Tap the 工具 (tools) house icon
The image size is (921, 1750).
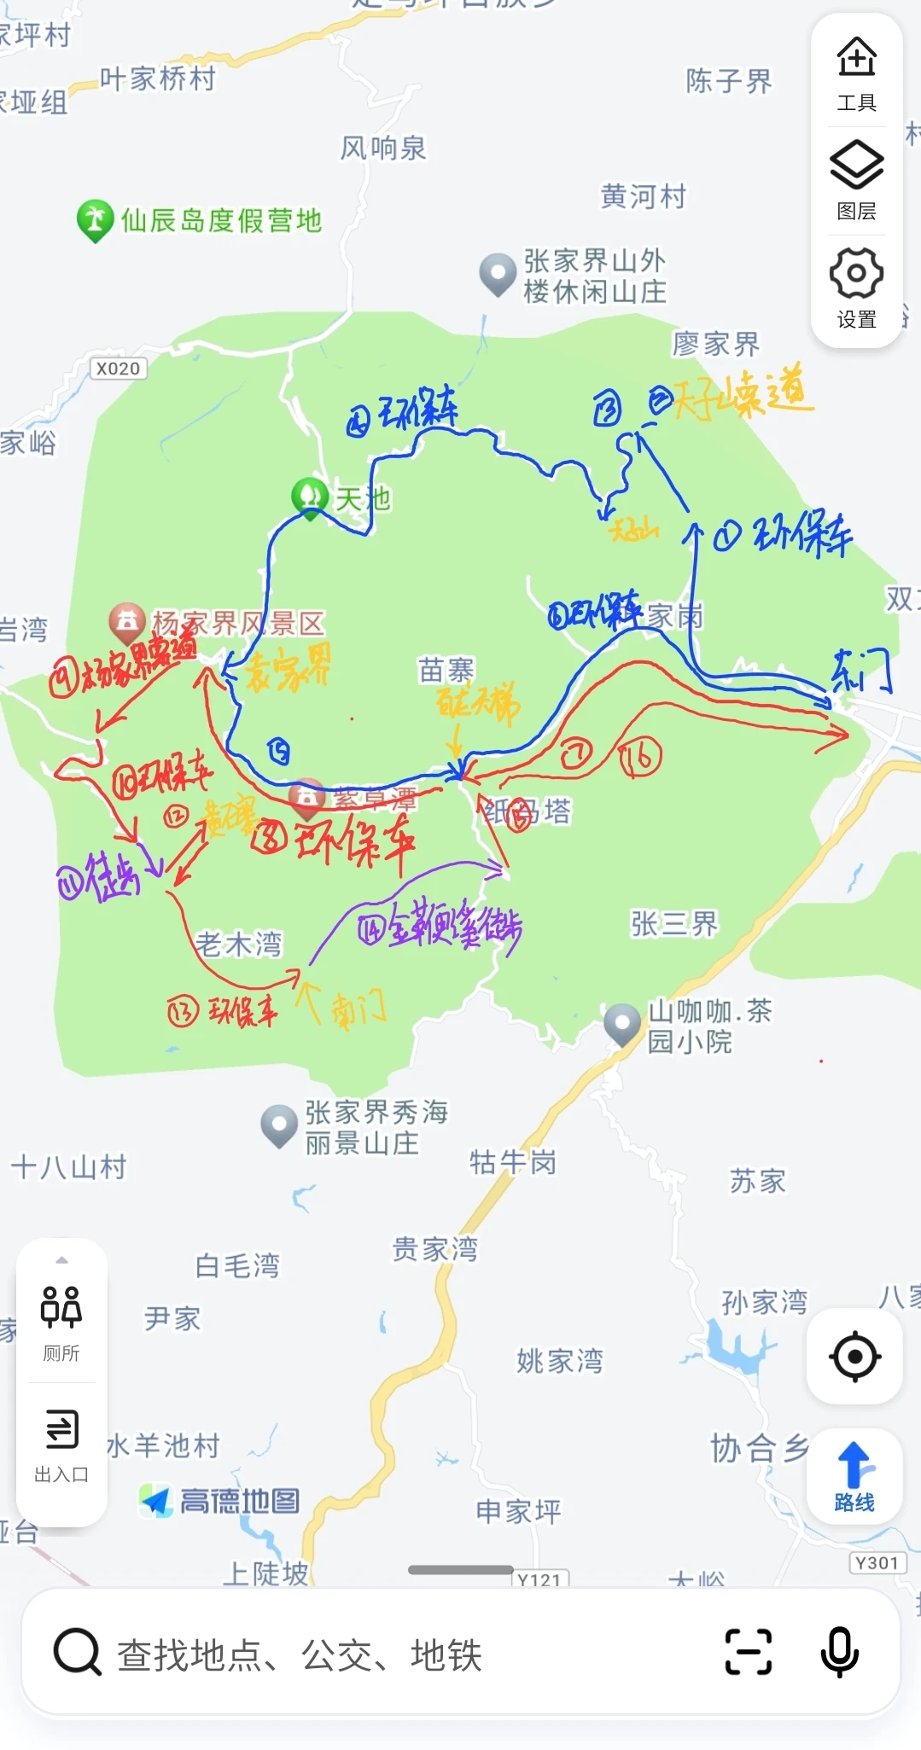tap(856, 58)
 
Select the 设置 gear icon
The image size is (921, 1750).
tap(856, 273)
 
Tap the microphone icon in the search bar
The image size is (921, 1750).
tap(839, 1652)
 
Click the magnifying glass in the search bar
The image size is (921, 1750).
tap(78, 1652)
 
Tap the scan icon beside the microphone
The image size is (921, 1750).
tap(748, 1652)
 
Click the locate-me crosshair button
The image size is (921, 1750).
tap(854, 1356)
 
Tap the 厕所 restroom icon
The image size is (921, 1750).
tap(61, 1307)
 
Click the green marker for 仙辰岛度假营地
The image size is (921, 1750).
tap(95, 220)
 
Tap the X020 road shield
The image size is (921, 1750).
tap(119, 369)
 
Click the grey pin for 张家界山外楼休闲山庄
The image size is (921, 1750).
tap(498, 273)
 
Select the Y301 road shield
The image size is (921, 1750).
tap(877, 1562)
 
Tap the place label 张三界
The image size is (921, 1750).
tap(674, 923)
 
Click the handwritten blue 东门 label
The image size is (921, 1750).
tap(861, 670)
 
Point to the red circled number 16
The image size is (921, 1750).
tap(640, 757)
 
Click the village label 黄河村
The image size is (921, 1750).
tap(644, 196)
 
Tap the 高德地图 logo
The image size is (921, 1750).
tap(220, 1500)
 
